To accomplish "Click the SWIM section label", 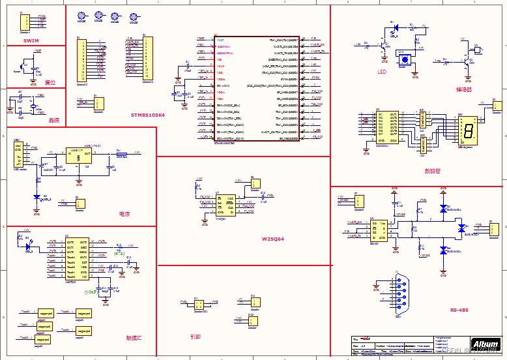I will [x=31, y=40].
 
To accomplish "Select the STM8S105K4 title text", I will [x=148, y=115].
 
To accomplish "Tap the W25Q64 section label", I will [x=272, y=239].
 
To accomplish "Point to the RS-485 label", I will [x=459, y=310].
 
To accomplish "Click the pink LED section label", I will [x=381, y=72].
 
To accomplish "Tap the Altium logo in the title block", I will [x=485, y=344].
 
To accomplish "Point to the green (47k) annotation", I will [x=119, y=254].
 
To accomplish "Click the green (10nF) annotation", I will [x=91, y=292].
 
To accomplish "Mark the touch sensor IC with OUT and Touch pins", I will [x=77, y=259].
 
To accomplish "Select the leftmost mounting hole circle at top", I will [x=81, y=16].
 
